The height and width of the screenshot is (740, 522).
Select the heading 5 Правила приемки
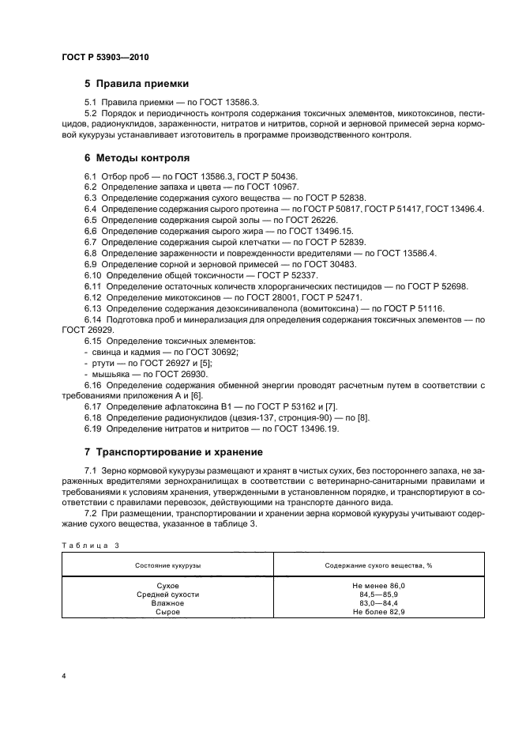tap(136, 85)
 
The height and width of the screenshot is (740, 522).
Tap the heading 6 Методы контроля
tap(137, 157)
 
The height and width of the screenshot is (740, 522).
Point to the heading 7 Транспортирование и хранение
tap(174, 452)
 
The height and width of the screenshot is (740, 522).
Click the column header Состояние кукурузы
tap(167, 567)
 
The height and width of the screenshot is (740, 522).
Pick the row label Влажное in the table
tap(167, 603)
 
